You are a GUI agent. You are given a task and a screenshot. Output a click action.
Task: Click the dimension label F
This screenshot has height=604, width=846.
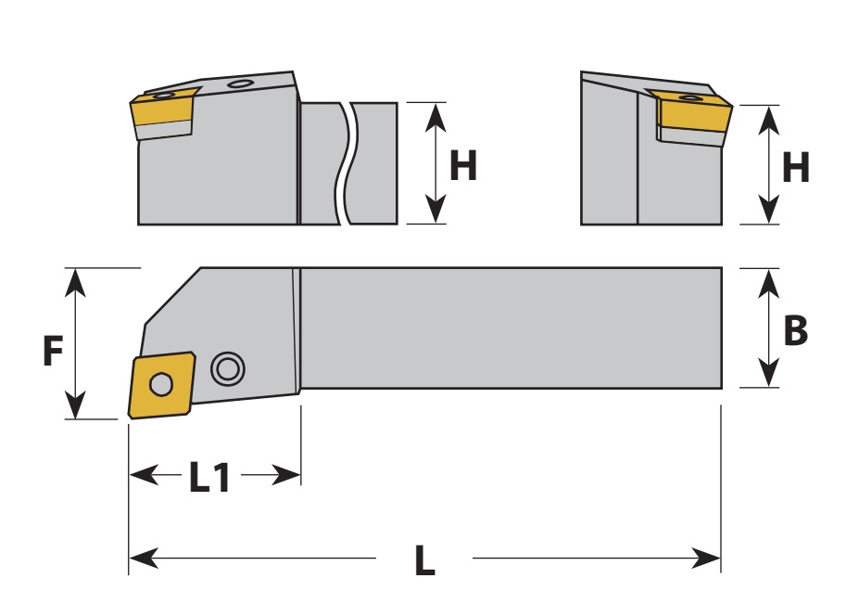[53, 351]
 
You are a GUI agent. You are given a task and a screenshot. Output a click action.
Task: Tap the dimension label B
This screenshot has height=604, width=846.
[795, 329]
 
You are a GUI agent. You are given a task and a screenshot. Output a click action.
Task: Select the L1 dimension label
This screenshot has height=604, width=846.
[209, 477]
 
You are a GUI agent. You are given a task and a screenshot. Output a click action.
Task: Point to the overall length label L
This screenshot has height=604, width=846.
[424, 559]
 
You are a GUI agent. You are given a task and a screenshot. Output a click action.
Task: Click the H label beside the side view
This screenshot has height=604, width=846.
[463, 165]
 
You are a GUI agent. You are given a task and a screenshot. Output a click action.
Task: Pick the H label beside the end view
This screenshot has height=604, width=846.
[795, 167]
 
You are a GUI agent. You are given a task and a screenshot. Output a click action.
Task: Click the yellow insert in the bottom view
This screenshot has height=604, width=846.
[161, 385]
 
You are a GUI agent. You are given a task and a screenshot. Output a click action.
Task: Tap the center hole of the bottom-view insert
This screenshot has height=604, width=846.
[161, 385]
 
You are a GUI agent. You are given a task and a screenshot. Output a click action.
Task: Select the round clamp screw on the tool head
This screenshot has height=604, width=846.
[228, 369]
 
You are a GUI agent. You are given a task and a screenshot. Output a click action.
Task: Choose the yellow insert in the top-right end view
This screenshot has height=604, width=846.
[693, 111]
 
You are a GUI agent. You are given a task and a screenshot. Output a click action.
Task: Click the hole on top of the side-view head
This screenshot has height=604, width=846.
[240, 84]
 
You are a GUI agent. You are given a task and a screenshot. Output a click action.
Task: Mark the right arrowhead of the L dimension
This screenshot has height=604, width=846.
[706, 559]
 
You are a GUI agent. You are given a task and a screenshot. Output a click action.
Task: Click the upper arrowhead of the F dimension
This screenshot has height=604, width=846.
[75, 282]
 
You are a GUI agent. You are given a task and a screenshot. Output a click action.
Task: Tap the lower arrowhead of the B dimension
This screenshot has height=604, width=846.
[768, 373]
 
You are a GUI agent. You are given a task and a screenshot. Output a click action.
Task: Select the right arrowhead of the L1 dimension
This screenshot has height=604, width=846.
[286, 475]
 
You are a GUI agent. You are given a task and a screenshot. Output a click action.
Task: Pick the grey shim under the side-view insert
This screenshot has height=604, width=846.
[163, 130]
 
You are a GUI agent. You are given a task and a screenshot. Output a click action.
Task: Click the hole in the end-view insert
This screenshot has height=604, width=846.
[688, 97]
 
